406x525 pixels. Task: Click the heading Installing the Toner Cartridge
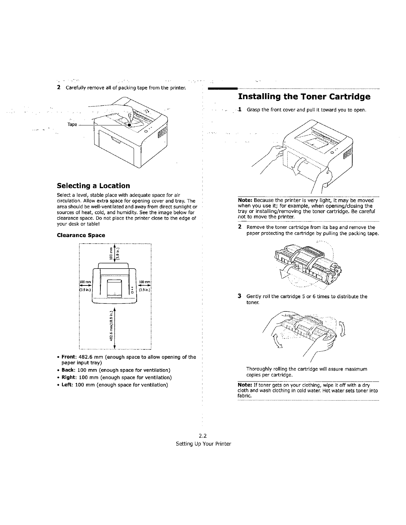click(x=304, y=97)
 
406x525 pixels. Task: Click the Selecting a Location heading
click(x=93, y=186)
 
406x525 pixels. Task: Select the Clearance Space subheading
click(x=81, y=235)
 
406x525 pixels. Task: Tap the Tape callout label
click(x=72, y=124)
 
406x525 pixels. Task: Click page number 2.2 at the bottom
click(x=203, y=436)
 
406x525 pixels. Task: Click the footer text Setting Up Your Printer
click(x=203, y=444)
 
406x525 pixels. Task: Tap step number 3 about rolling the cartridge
click(x=239, y=296)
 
